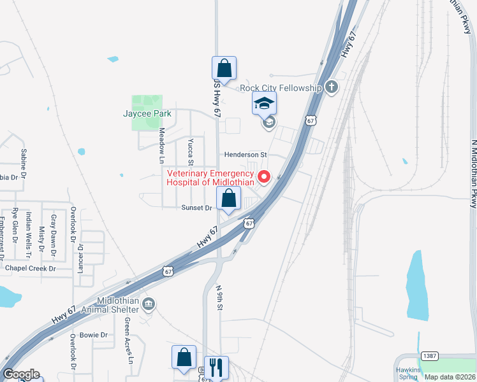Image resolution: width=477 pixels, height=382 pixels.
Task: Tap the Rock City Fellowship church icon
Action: coord(330,87)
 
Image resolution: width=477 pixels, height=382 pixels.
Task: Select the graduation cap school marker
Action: coord(264,103)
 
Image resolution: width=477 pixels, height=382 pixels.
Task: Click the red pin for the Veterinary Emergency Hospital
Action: coord(263,177)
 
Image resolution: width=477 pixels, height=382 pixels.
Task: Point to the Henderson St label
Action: coord(245,155)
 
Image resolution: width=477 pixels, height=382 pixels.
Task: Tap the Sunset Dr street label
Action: coord(196,208)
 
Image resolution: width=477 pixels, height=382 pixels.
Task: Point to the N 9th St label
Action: coord(219,298)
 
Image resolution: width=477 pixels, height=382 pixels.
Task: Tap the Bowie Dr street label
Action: coord(94,335)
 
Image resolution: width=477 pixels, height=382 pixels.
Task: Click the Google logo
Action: coord(21,374)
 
